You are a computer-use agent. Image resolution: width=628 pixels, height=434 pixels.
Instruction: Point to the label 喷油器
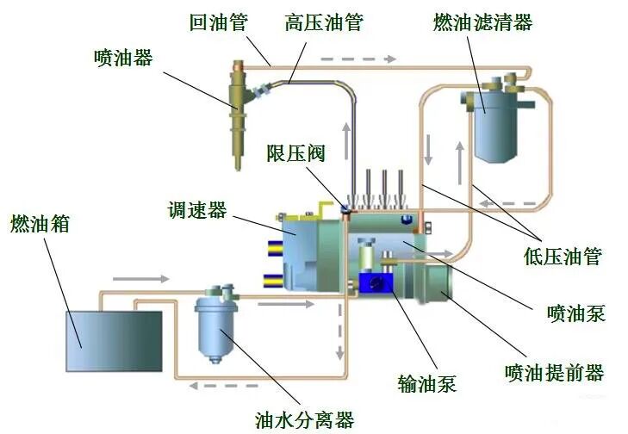[x=123, y=58]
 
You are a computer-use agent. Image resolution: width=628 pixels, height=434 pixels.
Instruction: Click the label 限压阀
[x=295, y=154]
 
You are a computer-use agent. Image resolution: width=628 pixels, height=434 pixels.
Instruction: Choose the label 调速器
[x=198, y=209]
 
